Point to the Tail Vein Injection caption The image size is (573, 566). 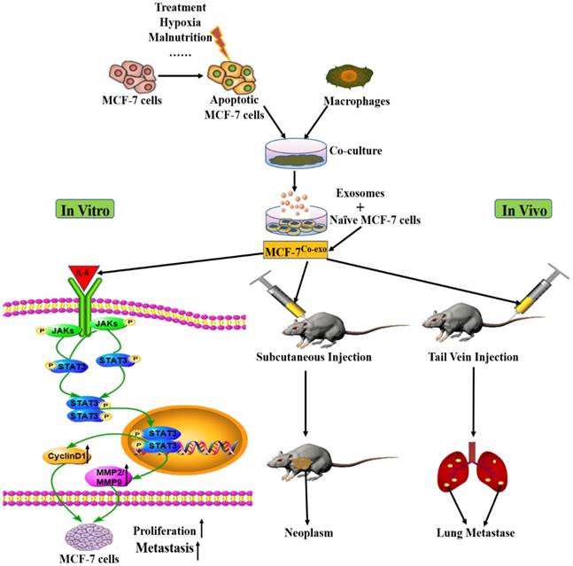pyautogui.click(x=478, y=359)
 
